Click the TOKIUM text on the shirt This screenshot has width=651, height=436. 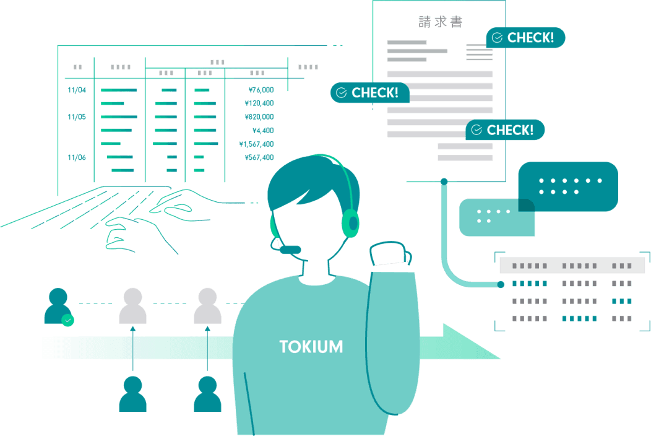click(311, 347)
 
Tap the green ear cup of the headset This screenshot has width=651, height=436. click(351, 223)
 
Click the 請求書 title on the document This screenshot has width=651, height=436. click(440, 22)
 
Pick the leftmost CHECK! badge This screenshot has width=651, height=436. click(369, 93)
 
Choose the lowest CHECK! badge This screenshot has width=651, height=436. click(504, 130)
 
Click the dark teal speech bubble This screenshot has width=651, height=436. click(569, 186)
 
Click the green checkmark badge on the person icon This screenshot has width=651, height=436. click(67, 320)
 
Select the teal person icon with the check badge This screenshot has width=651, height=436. click(57, 305)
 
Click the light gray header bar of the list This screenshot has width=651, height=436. click(572, 265)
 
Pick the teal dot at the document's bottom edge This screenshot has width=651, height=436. click(444, 181)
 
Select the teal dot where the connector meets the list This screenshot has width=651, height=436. click(501, 284)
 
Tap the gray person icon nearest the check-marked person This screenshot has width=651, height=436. click(132, 306)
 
